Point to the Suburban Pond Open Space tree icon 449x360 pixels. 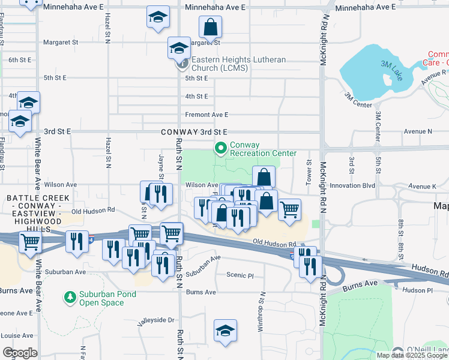pyautogui.click(x=70, y=298)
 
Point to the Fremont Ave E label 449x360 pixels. pyautogui.click(x=206, y=115)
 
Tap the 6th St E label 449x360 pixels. pyautogui.click(x=20, y=60)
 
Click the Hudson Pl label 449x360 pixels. pyautogui.click(x=418, y=290)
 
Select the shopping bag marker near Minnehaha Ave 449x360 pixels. pyautogui.click(x=211, y=26)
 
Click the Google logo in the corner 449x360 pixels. pyautogui.click(x=19, y=353)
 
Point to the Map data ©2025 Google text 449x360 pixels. pyautogui.click(x=411, y=355)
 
